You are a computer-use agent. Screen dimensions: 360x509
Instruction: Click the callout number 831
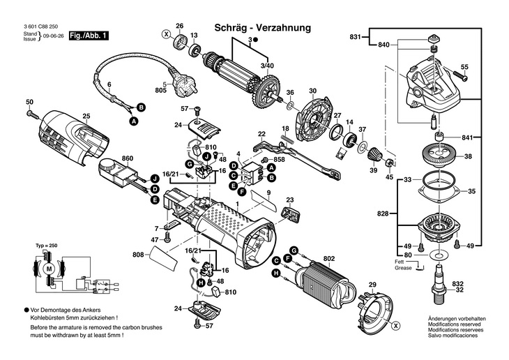356,36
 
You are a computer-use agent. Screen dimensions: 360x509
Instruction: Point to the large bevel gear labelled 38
441,156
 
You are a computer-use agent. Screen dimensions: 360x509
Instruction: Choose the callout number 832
477,285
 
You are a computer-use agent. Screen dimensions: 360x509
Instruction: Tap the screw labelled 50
30,112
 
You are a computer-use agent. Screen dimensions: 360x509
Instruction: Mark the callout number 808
138,255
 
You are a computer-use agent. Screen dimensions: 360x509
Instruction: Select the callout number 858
280,160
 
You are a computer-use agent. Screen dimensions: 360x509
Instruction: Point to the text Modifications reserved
454,324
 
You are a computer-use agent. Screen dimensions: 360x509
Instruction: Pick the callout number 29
372,284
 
